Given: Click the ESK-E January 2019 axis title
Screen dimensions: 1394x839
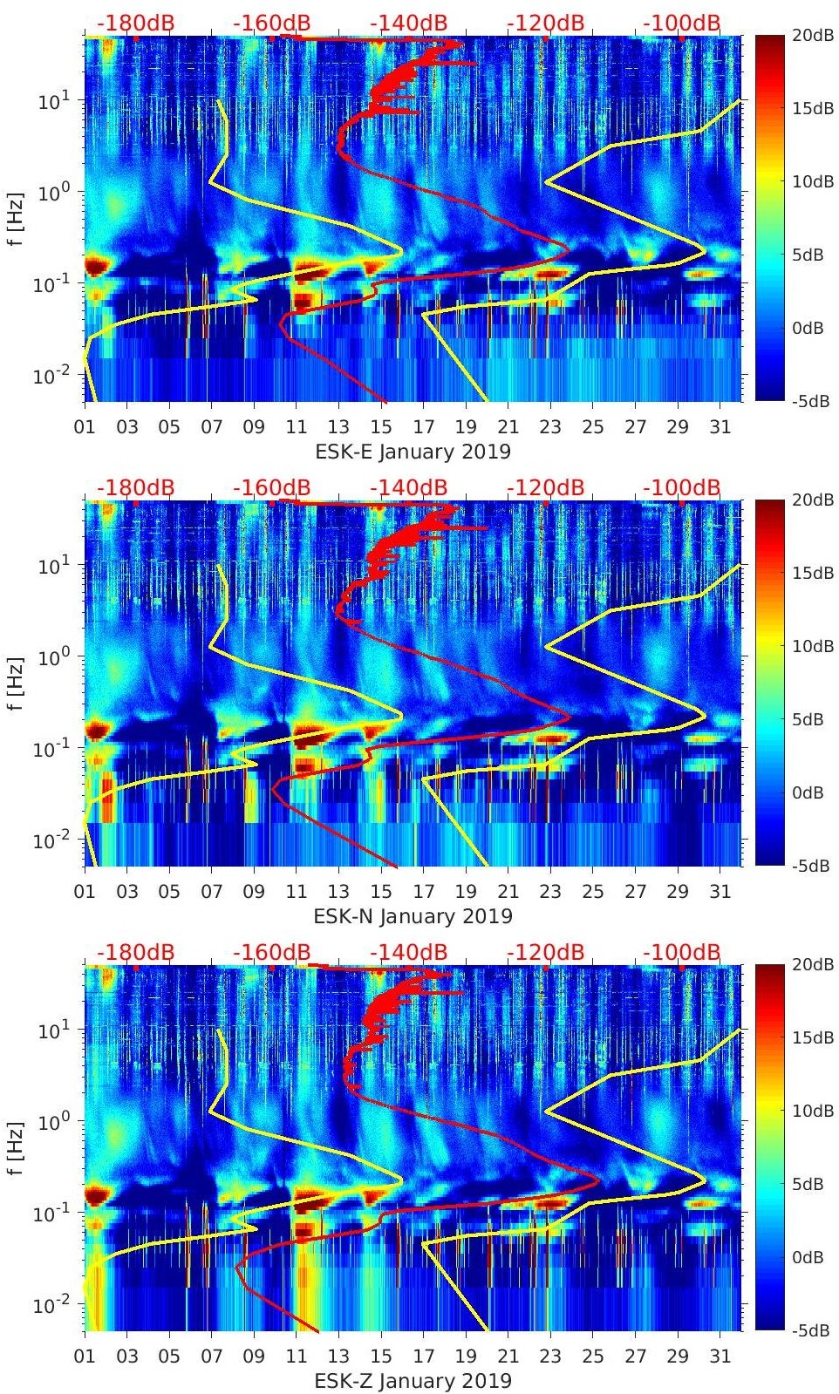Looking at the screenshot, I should [x=413, y=452].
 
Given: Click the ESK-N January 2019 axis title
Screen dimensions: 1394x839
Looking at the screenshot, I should [x=413, y=916].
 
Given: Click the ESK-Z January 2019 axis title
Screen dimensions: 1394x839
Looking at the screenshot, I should [x=413, y=1381].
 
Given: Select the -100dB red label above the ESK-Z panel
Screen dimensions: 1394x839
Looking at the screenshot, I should [x=681, y=953].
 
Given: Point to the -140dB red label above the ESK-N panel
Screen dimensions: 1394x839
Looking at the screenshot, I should [x=408, y=488].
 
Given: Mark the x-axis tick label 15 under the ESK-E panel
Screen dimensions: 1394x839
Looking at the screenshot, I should [x=381, y=427].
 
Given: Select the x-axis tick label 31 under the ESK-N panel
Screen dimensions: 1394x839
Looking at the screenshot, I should [x=720, y=892].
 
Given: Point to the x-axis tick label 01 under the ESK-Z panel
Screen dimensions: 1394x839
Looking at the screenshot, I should [x=85, y=1357].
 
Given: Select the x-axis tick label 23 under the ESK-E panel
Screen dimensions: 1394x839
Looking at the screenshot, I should [x=550, y=427].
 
